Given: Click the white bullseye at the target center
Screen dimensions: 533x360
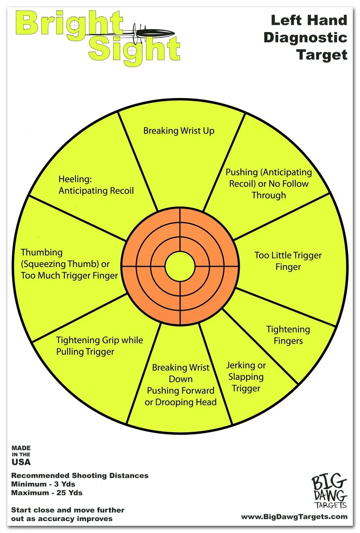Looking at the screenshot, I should tap(180, 266).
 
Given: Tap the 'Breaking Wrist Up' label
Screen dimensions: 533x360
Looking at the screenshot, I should tap(179, 131).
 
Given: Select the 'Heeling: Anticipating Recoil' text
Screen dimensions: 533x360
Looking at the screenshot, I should tap(96, 185).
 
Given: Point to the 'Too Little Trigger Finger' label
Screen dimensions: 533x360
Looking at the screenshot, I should tap(288, 261).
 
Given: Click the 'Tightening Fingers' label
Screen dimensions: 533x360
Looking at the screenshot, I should tap(288, 335).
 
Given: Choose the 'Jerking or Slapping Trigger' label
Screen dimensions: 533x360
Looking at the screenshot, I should tap(246, 377).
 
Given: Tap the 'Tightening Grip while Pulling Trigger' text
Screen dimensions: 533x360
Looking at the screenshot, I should tap(99, 346).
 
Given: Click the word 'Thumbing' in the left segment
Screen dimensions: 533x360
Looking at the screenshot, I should tap(42, 252).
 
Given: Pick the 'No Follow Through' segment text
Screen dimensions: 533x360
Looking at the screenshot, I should tap(269, 184).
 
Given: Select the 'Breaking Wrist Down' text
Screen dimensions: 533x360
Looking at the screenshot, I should tap(181, 373).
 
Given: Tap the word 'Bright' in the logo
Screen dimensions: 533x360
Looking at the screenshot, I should tap(68, 23).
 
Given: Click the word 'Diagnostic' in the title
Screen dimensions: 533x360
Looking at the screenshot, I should tap(305, 37).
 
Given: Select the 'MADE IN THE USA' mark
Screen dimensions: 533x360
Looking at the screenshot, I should tap(21, 455).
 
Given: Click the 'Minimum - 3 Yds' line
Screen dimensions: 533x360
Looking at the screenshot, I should tap(43, 484).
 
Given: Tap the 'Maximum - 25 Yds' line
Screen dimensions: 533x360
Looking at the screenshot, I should tap(47, 493).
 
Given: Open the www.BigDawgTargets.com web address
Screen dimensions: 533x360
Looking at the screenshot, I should tap(294, 517).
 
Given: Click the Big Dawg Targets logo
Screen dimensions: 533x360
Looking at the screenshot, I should tap(329, 491).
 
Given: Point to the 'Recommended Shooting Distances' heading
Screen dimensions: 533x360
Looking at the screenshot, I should tap(80, 475).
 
